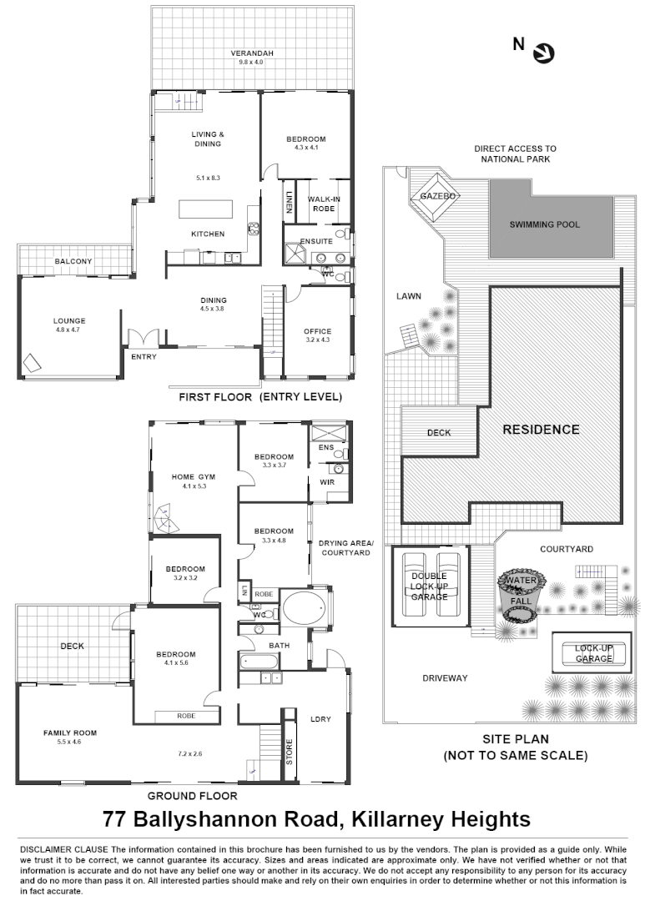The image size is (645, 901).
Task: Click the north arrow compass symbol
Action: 543,53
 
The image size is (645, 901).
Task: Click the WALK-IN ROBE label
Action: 322,204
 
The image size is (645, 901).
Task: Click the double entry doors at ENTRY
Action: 142,337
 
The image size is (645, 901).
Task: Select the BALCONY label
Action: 73,261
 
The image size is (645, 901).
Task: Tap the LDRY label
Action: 320,719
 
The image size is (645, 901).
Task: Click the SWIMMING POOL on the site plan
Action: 545,224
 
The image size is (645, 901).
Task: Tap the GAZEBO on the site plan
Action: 437,196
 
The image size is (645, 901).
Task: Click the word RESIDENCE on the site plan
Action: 541,430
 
